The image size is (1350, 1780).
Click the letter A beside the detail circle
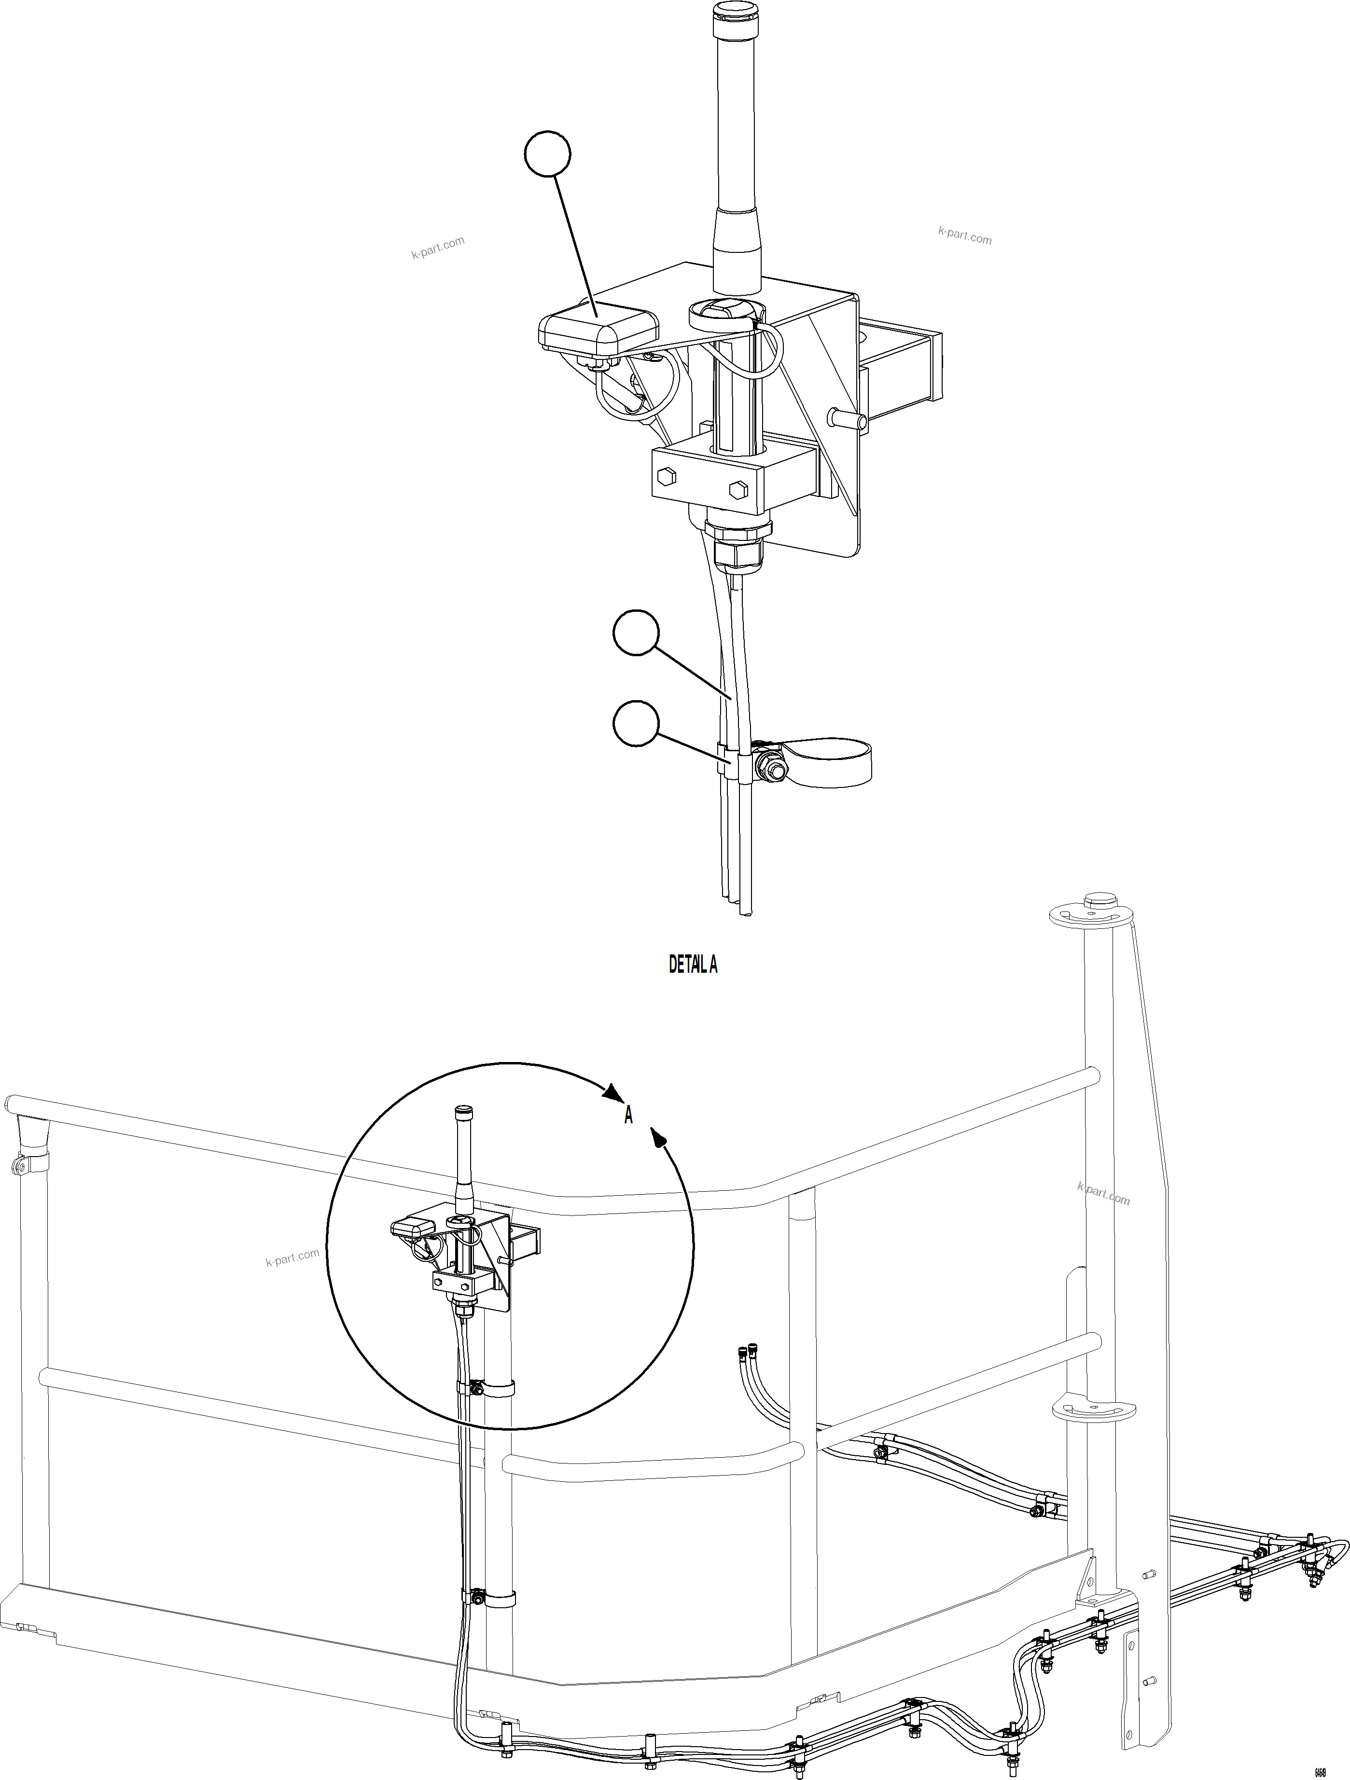[628, 1115]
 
